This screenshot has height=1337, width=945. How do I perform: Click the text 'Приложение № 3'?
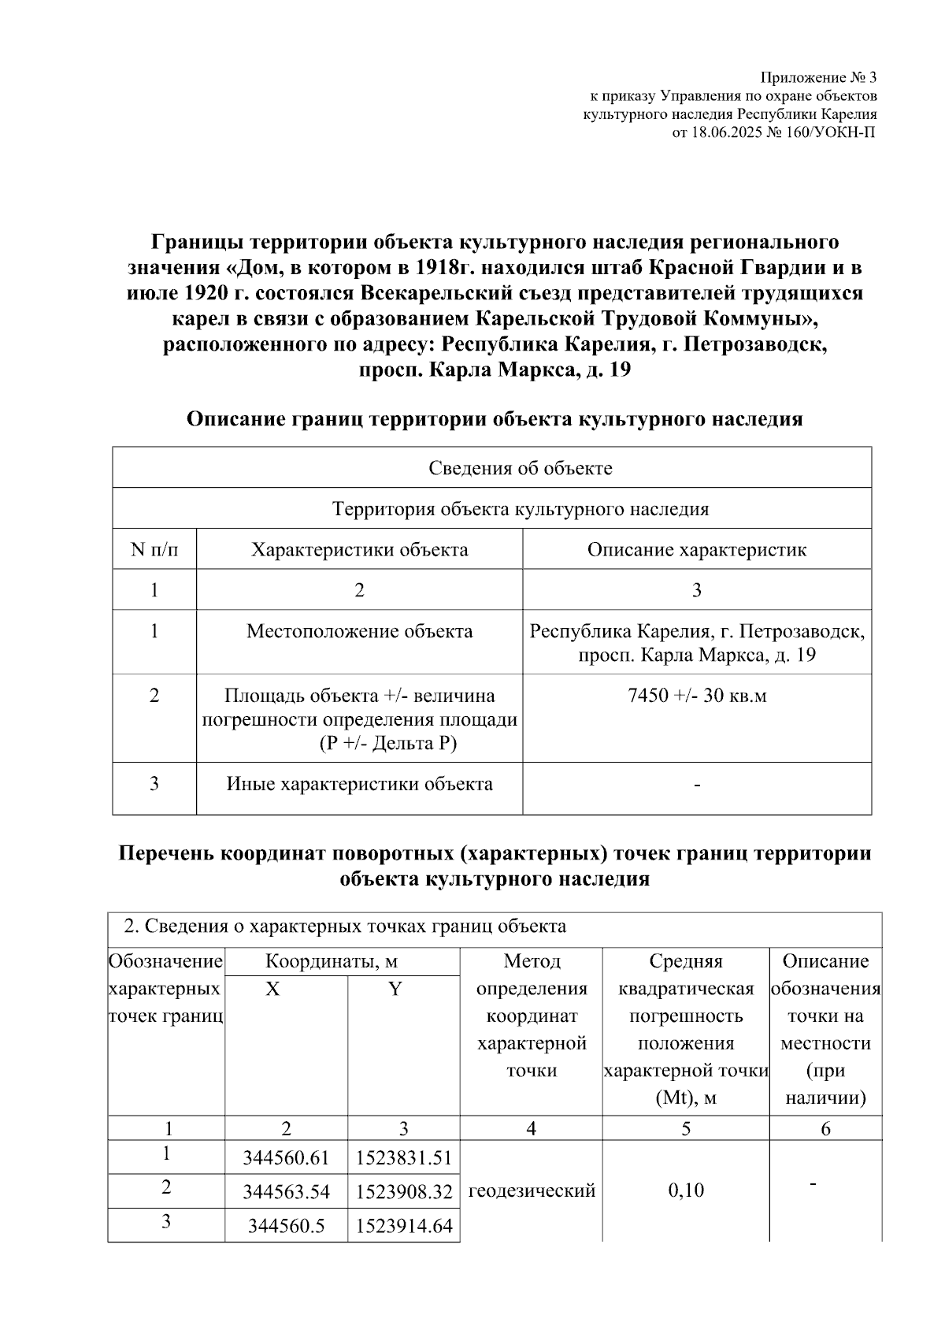817,78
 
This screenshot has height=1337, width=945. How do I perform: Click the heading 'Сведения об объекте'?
520,468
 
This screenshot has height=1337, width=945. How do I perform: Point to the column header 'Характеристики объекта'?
359,549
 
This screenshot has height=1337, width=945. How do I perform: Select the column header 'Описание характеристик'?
696,549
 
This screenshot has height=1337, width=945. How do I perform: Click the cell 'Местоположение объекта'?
359,631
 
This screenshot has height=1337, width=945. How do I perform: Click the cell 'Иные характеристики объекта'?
359,784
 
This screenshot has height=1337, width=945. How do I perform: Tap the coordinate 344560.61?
286,1157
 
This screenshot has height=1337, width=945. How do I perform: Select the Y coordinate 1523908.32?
404,1192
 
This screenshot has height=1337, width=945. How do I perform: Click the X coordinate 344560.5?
286,1226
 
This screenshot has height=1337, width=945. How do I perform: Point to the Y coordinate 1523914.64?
404,1226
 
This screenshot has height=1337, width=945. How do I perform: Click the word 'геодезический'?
532,1190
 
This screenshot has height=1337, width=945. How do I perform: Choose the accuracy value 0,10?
685,1190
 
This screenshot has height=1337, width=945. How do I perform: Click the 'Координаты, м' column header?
331,961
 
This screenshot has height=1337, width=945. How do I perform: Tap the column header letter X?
272,990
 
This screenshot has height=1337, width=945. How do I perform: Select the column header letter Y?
395,990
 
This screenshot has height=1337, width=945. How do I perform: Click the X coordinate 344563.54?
286,1192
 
